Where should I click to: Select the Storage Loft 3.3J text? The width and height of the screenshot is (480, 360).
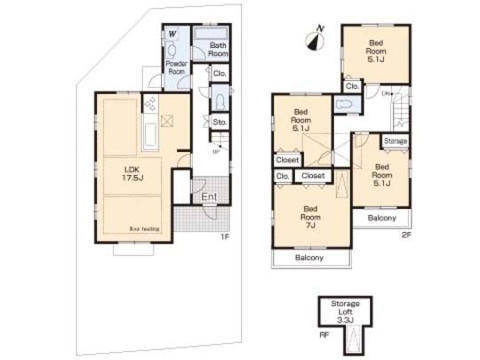[x=345, y=308]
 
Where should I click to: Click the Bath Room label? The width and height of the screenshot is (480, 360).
[x=218, y=49]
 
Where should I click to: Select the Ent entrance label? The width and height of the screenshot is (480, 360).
[x=209, y=196]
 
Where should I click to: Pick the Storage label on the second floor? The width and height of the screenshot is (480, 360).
[x=396, y=141]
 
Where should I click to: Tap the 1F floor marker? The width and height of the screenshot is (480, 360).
[x=225, y=237]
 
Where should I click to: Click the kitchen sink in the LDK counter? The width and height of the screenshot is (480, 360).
[x=148, y=138]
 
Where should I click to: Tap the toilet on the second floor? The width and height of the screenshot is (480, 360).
[x=343, y=105]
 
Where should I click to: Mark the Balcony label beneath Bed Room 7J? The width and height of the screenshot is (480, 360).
[x=305, y=258]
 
